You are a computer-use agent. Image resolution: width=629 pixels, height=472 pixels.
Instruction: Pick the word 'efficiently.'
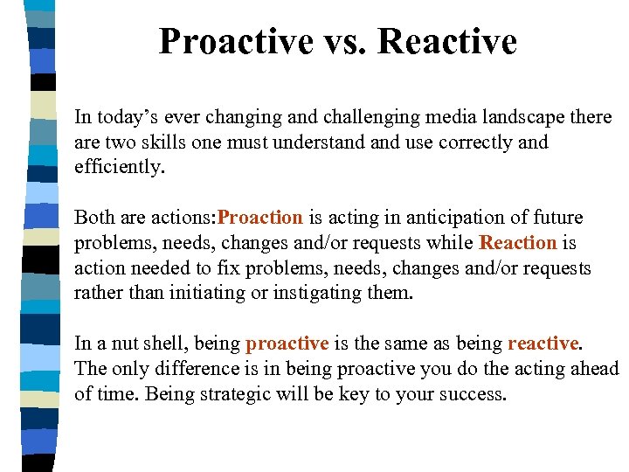tap(120, 166)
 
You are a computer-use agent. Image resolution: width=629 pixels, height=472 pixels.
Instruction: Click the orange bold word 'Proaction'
tap(260, 218)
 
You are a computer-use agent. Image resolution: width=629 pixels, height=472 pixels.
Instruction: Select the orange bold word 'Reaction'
tap(518, 243)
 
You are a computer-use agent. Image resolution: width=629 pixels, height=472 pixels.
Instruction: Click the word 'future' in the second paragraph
tap(558, 218)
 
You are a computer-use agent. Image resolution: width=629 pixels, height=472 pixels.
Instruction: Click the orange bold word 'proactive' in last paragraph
tap(287, 344)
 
